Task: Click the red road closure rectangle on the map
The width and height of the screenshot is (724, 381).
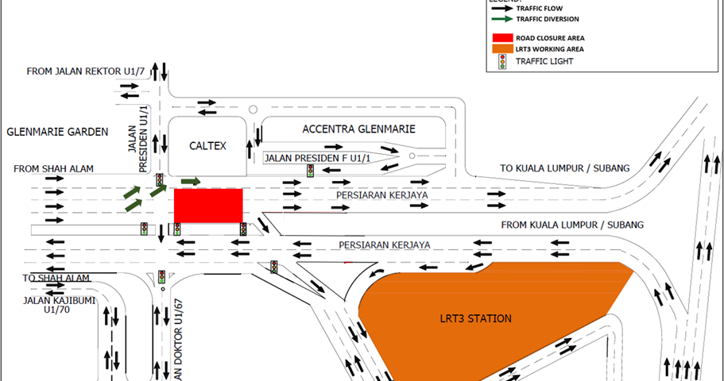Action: click(x=208, y=206)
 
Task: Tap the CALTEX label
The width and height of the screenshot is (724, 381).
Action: click(x=208, y=146)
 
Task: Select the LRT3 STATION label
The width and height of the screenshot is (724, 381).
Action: click(x=475, y=318)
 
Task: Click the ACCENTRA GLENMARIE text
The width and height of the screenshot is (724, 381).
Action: click(x=358, y=129)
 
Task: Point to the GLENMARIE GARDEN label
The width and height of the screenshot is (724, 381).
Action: click(x=56, y=132)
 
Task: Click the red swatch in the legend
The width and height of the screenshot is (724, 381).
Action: click(x=501, y=37)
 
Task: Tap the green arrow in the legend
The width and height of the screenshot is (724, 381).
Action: click(x=501, y=17)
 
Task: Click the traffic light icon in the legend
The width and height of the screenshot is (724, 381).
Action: click(x=501, y=62)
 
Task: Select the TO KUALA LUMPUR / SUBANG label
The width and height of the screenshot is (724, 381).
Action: click(x=564, y=167)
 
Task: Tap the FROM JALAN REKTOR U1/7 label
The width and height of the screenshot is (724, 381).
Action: click(x=86, y=71)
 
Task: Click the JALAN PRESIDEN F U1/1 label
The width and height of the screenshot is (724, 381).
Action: click(x=306, y=158)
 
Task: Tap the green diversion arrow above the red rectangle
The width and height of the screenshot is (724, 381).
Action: click(x=191, y=182)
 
